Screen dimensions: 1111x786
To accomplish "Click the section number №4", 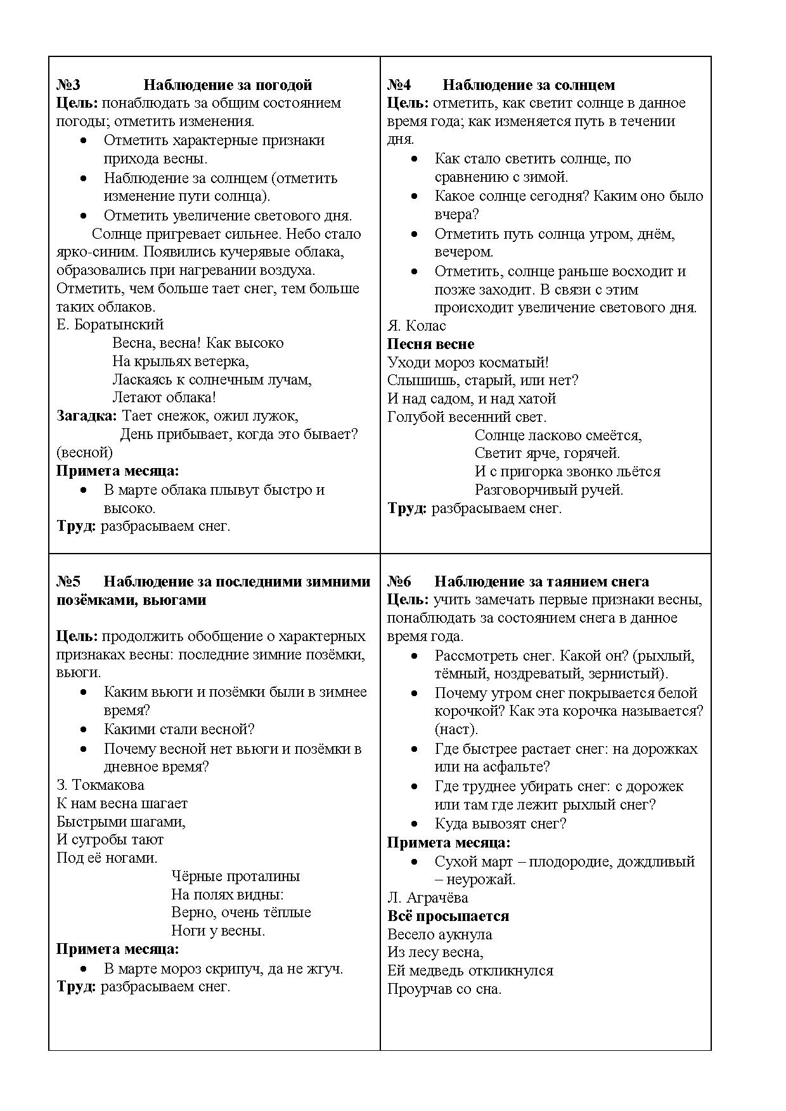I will [399, 85].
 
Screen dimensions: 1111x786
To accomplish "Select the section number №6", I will [399, 581].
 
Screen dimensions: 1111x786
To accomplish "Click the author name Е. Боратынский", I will [110, 325].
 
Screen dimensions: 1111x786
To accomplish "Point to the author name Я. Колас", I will [416, 326].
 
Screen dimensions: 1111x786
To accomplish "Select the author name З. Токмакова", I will [100, 785].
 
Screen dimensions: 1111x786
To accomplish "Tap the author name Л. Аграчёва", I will [428, 898].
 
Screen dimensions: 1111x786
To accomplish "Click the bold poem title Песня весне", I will [430, 345].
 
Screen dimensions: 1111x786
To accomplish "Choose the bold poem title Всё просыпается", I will [448, 917].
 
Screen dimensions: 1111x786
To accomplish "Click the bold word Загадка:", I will [87, 416].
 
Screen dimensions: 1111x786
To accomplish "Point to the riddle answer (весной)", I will [84, 453].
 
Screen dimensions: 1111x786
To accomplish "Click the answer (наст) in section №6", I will [456, 730].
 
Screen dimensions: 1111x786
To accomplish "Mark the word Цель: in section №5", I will [77, 637].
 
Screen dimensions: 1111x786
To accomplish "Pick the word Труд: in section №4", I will [407, 509].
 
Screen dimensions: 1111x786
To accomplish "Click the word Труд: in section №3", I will [76, 526].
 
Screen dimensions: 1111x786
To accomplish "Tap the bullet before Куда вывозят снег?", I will [415, 824].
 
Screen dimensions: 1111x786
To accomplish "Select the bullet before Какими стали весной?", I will [84, 730].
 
